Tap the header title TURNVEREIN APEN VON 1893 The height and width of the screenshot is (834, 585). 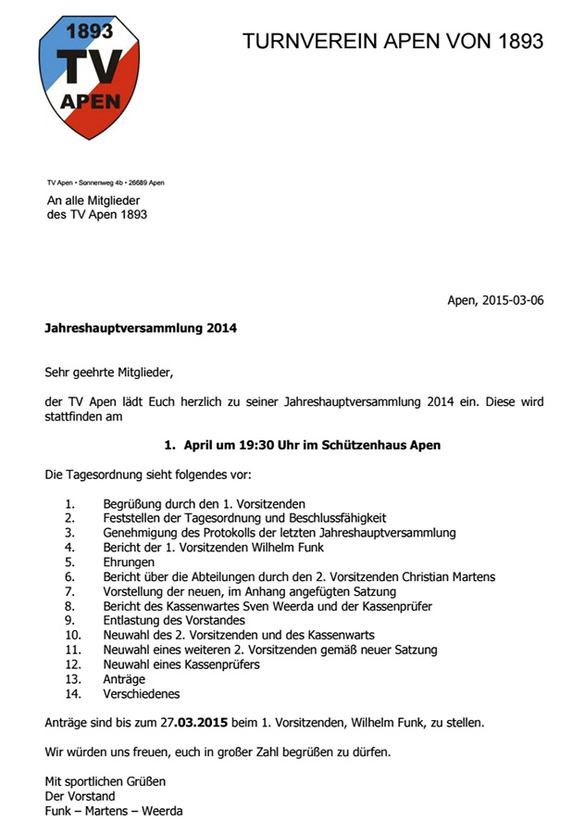pos(392,41)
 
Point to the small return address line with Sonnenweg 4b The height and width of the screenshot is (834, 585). pos(106,183)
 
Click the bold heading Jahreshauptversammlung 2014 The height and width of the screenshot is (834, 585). pos(141,327)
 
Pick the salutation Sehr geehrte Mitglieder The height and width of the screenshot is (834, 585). pos(109,373)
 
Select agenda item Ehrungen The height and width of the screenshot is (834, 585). pos(130,562)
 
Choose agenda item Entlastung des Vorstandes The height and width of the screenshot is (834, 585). pos(174,620)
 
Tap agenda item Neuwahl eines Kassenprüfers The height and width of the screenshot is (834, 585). pos(181,663)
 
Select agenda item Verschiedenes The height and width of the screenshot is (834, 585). pos(142,693)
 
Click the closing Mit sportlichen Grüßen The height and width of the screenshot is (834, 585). pos(106,781)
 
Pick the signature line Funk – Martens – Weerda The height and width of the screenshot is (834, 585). pos(114,811)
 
